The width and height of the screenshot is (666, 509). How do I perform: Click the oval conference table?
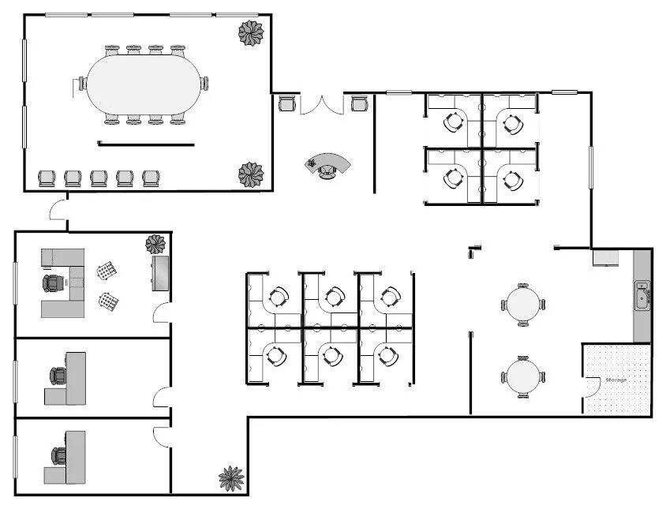point(144,84)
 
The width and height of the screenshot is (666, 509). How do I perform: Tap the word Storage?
point(615,380)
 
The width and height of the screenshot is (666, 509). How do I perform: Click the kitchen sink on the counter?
point(642,295)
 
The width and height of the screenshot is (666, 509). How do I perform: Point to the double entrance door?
point(322,106)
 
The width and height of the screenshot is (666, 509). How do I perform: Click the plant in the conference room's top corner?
point(251,32)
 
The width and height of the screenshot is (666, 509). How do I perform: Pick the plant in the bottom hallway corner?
point(231,478)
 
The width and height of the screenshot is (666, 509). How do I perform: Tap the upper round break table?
point(523,305)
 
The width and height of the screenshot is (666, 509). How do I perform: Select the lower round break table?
point(523,377)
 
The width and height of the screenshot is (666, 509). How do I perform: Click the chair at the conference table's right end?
point(204,84)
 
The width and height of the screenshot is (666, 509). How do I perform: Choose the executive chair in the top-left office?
point(53,283)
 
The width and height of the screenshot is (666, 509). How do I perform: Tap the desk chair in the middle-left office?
point(58,376)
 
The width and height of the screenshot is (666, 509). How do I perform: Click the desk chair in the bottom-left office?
point(58,456)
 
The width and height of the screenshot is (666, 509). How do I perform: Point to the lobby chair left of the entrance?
point(286,103)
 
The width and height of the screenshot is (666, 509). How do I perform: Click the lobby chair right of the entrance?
point(359,103)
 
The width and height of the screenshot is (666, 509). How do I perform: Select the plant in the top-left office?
point(155,245)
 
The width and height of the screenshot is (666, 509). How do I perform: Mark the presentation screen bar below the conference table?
point(146,144)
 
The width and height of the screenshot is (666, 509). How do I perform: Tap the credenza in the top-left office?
point(160,273)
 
